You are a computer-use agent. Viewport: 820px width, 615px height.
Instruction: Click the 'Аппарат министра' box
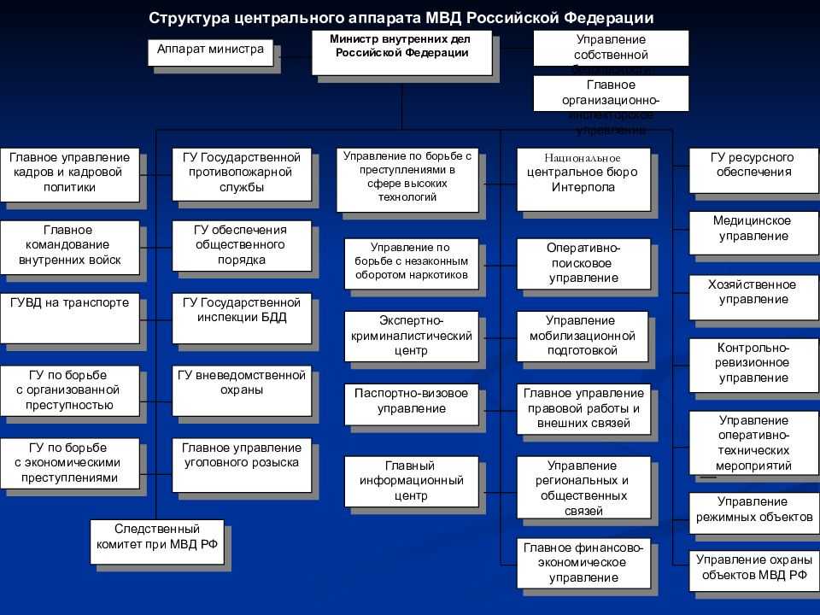(210, 51)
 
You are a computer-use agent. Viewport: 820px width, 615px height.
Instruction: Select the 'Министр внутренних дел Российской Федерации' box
(401, 52)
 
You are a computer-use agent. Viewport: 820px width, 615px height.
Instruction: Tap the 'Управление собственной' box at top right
(611, 48)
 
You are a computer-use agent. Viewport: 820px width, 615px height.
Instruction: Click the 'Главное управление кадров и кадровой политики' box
(70, 174)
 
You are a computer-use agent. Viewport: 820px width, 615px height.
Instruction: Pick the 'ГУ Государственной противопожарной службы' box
(242, 174)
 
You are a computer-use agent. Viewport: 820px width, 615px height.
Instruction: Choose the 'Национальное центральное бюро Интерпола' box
(583, 174)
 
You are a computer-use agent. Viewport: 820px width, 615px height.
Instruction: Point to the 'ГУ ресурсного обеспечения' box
(752, 166)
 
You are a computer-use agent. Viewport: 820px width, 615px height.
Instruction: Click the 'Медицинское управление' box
(752, 229)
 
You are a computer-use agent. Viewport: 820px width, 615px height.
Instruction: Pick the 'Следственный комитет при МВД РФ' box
(157, 542)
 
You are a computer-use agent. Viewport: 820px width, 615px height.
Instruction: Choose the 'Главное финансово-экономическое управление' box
(583, 562)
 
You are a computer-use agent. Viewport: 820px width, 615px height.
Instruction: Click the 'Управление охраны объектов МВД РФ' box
(752, 568)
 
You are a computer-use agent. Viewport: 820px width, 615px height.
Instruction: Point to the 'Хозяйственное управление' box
(752, 293)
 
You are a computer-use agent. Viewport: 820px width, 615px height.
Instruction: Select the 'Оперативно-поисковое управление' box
(583, 263)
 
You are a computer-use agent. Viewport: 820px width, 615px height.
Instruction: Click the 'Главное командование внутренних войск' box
(70, 246)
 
